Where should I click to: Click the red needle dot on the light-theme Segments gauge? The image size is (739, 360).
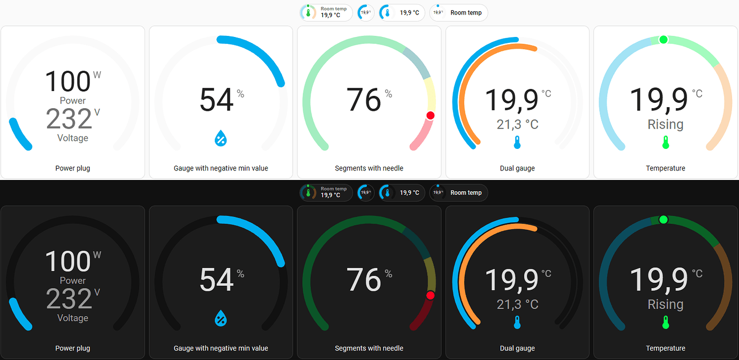[x=431, y=115]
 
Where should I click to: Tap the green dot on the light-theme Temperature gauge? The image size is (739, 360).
[x=663, y=39]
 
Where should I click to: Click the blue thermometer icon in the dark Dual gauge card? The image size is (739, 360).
[x=517, y=322]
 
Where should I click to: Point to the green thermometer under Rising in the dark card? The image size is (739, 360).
[x=666, y=322]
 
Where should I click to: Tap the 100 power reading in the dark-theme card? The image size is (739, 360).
[x=67, y=262]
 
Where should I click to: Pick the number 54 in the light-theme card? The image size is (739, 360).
[x=217, y=100]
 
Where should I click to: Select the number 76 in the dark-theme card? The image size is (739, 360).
[x=364, y=280]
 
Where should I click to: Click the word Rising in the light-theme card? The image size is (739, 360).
[x=666, y=124]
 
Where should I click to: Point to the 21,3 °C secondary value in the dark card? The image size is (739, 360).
[x=517, y=304]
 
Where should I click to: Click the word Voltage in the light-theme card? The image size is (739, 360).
[x=73, y=138]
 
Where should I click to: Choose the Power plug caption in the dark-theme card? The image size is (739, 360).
[x=73, y=348]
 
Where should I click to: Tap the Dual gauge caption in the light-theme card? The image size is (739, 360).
[x=517, y=168]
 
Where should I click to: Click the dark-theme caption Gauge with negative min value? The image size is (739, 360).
[x=221, y=348]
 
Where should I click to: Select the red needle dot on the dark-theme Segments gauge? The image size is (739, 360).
[x=431, y=295]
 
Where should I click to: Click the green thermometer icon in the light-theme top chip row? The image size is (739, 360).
[x=308, y=12]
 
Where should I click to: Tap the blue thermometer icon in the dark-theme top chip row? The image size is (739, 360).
[x=387, y=192]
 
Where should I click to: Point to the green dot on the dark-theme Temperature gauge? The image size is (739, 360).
[x=663, y=219]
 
